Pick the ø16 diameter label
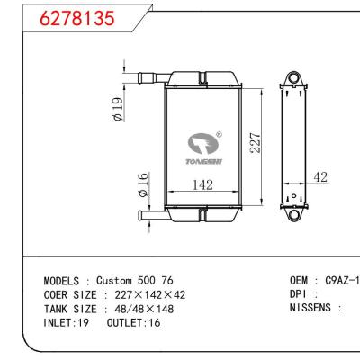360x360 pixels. coord(142,186)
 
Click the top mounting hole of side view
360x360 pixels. coord(292,76)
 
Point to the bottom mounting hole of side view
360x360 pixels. coord(292,216)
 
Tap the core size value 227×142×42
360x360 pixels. coord(151,294)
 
